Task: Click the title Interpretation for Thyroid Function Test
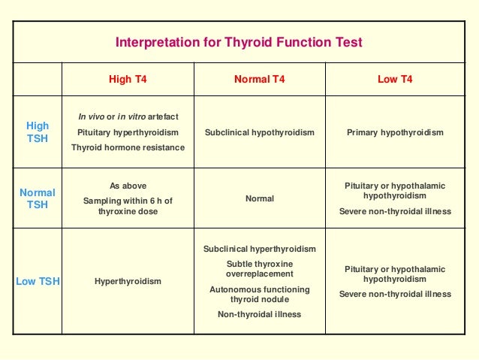coord(239,42)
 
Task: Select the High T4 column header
coord(127,79)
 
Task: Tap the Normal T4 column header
coord(259,79)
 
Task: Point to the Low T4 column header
coord(395,79)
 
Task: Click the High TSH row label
coord(38,132)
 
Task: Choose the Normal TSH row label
coord(38,198)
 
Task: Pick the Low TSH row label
coord(38,282)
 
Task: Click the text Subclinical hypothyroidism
coord(259,132)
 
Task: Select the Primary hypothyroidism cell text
coord(395,132)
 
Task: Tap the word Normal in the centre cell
coord(259,198)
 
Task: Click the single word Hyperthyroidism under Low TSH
coord(127,282)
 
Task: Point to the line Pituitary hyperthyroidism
coord(127,132)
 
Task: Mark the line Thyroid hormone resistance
coord(127,147)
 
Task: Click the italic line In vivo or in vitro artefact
coord(127,116)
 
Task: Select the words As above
coord(127,186)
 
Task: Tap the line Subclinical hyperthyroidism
coord(259,249)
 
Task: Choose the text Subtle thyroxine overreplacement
coord(259,269)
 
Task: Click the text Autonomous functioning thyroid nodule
coord(259,294)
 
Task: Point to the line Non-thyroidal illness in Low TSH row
coord(259,314)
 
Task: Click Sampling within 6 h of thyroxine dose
coord(127,206)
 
